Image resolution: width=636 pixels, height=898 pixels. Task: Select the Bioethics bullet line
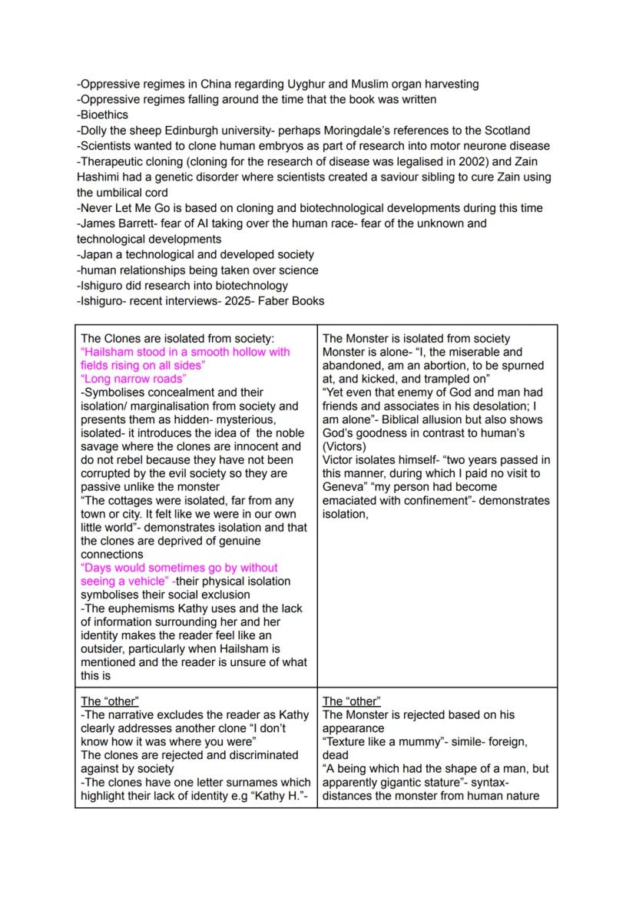(x=102, y=114)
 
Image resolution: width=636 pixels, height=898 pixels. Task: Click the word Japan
(x=96, y=254)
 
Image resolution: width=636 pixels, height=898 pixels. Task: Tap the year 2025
(x=240, y=301)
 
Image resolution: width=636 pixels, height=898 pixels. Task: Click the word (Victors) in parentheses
(x=347, y=446)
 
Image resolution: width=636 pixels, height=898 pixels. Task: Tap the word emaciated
(x=351, y=500)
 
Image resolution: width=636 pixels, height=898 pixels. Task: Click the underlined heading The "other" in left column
(x=110, y=701)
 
